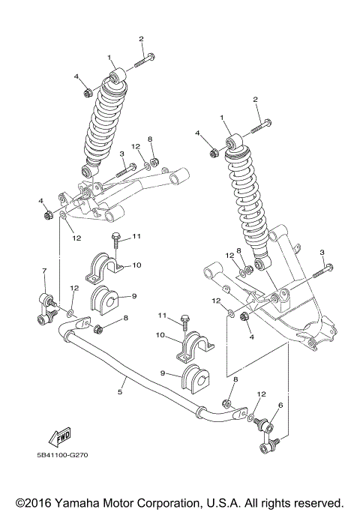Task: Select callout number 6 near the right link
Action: tap(280, 406)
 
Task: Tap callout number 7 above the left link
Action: tap(44, 271)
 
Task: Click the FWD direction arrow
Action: tap(58, 437)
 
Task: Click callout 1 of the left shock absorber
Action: tap(109, 57)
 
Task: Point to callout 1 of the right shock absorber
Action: tap(222, 118)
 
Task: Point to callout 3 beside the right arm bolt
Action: tap(322, 252)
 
